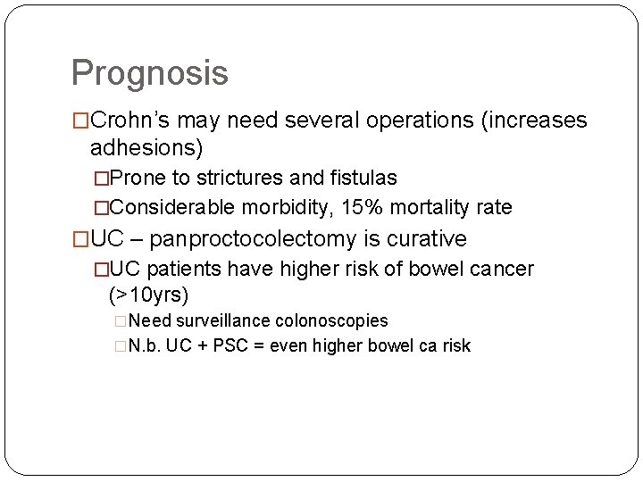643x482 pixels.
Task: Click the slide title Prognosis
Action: point(149,73)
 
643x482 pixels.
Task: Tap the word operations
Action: point(409,120)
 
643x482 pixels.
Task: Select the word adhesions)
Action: point(146,146)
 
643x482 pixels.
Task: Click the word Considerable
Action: point(173,208)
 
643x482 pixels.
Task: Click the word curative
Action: point(426,239)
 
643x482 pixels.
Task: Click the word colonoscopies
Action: point(331,320)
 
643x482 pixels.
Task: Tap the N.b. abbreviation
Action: point(145,345)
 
